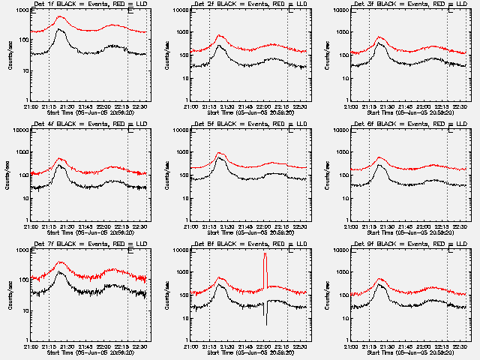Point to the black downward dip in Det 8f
coord(265,315)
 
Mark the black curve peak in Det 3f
coord(379,43)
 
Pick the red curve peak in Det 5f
coord(220,154)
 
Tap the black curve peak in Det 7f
coord(59,272)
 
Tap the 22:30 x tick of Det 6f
coord(460,226)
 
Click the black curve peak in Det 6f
coord(380,165)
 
